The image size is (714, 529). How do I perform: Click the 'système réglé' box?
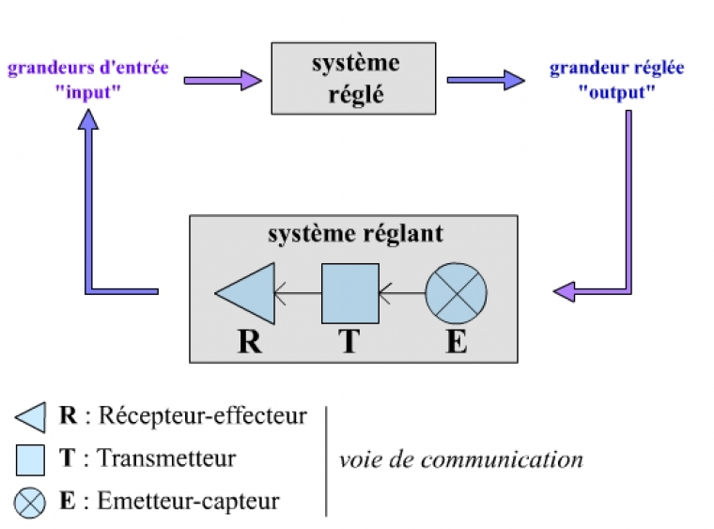354,79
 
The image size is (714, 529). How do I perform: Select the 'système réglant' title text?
354,233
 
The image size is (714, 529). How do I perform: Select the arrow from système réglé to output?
485,80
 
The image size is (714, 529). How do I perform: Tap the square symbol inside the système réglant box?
349,293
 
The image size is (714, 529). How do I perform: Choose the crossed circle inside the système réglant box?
457,293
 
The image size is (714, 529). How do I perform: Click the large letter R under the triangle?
249,340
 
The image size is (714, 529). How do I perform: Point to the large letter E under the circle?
457,340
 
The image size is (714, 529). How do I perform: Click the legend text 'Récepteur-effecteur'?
203,414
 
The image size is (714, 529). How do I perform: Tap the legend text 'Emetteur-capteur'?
188,501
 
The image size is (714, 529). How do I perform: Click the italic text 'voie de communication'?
460,459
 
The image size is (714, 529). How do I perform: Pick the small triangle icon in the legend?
31,414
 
